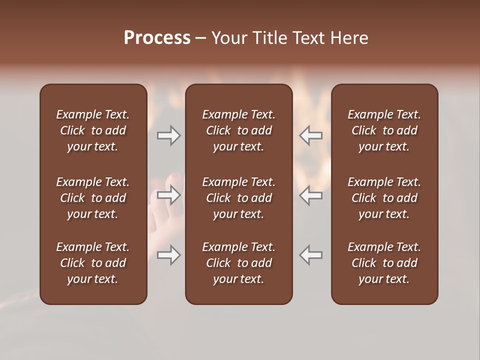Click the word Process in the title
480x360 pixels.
(157, 38)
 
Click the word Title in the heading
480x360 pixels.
(268, 38)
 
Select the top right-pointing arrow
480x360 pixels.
(169, 135)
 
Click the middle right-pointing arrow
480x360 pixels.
(169, 195)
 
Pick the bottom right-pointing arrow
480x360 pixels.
(169, 255)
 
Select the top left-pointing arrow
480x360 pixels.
(310, 135)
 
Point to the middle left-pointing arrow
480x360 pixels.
(310, 195)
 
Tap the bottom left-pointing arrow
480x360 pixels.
(310, 255)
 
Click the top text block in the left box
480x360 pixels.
(93, 130)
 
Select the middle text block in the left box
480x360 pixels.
(93, 198)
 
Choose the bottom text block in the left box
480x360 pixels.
(93, 263)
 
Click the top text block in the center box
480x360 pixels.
(238, 130)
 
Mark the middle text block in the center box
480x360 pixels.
(238, 198)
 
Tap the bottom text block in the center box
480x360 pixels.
(238, 263)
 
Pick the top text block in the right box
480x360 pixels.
(384, 130)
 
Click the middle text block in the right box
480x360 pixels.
(384, 198)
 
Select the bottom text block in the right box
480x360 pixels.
(384, 263)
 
